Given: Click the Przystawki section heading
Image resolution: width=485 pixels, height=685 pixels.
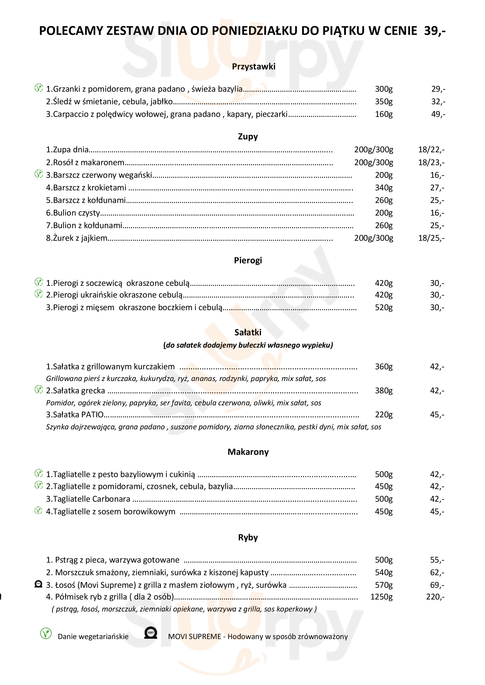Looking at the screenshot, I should pos(254,66).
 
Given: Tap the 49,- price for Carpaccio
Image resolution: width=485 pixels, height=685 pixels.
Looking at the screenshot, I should pos(438,114).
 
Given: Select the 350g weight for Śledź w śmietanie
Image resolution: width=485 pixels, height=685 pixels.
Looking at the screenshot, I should pos(384,102).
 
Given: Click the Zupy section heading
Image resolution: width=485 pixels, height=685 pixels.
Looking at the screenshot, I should pos(248,137).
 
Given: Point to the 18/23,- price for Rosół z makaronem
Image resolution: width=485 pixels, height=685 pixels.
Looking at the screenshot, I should pos(431,163).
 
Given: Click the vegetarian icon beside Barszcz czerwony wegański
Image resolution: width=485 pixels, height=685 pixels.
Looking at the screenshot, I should pos(38,174).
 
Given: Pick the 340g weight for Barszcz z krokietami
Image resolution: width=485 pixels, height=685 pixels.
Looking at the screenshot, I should pos(384,188).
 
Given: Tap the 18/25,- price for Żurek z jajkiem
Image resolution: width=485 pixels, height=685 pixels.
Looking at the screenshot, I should pos(431,238).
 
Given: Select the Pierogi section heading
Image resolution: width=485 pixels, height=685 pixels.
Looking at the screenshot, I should pos(248,260).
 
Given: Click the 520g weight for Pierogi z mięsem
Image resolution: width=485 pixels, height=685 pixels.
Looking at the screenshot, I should pos(384,308).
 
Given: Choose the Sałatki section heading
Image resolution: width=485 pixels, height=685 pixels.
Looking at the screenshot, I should pos(248,332).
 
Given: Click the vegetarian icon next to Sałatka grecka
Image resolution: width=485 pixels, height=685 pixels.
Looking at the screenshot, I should pos(38,390).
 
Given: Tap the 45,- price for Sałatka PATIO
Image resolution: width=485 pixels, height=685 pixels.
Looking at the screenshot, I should pos(437,415).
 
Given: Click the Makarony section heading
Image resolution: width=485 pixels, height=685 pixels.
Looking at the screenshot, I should pos(248,452).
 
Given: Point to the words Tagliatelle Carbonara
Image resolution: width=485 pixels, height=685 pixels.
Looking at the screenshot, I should pos(92,499).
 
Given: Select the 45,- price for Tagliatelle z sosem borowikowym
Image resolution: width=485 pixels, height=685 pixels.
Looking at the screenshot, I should pos(437,512).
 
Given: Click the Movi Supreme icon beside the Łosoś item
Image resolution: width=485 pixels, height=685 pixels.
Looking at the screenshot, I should pos(38,584).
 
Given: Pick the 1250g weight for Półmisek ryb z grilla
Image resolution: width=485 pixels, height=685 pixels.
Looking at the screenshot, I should pos(382,597).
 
